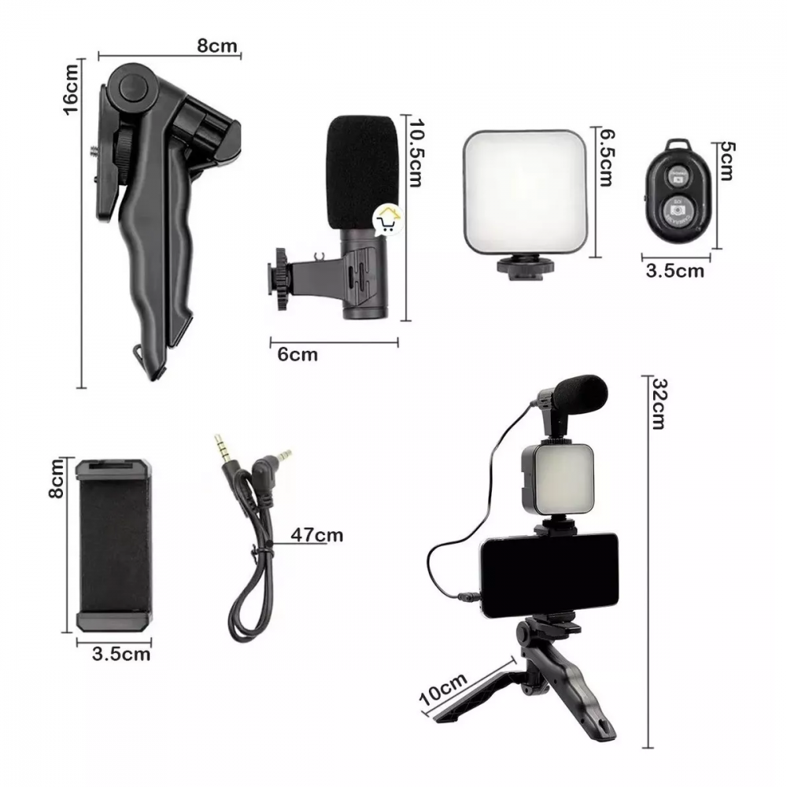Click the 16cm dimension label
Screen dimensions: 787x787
click(72, 90)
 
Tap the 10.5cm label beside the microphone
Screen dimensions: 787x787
click(415, 153)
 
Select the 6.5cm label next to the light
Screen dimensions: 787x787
click(606, 157)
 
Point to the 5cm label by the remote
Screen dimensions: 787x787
click(727, 161)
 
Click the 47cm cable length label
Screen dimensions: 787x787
click(317, 535)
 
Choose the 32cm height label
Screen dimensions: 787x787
click(659, 404)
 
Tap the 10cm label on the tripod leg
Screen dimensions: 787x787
click(444, 689)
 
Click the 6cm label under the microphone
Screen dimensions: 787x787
click(297, 355)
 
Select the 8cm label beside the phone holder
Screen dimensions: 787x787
click(56, 478)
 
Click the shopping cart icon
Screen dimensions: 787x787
click(388, 220)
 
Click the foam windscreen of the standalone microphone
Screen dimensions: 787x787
click(363, 172)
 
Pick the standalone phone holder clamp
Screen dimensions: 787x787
click(114, 545)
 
